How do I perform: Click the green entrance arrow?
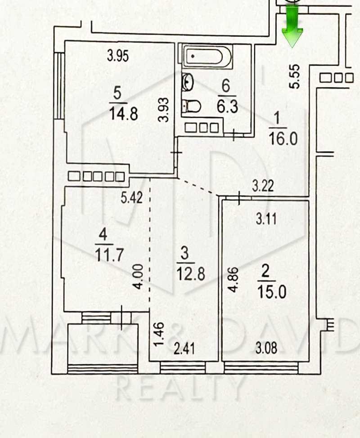tap(292, 27)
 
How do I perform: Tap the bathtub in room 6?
tap(207, 57)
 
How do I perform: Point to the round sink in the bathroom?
tap(187, 82)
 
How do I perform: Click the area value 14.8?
tap(123, 114)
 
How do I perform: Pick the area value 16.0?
tap(283, 139)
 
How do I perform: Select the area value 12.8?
tap(191, 274)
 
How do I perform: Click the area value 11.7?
tap(109, 255)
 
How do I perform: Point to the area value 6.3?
tap(227, 107)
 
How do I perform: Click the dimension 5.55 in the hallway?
tap(295, 76)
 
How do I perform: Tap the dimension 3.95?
tap(118, 56)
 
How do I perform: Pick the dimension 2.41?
tap(184, 349)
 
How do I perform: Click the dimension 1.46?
tap(159, 335)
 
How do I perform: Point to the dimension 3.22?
tap(263, 186)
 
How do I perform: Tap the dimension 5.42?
tap(132, 197)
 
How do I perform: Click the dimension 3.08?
tap(266, 349)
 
